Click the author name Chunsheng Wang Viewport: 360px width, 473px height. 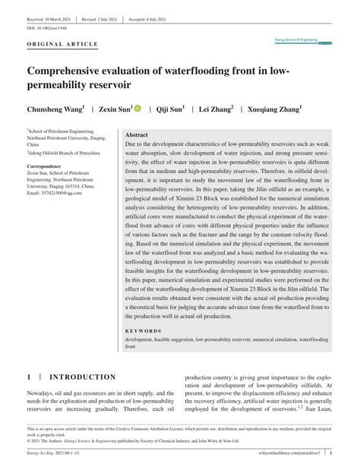tap(55, 109)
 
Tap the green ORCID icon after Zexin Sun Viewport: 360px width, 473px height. tap(138, 109)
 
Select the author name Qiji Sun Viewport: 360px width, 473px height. tap(171, 109)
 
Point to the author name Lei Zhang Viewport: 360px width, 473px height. tap(216, 109)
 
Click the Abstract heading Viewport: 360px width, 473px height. tap(137, 134)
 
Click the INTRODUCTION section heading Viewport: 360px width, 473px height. tap(83, 377)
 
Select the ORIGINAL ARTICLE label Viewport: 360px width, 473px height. tap(62, 44)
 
